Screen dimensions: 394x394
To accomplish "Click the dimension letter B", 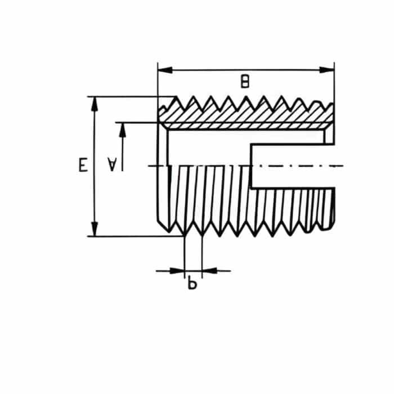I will coord(244,82).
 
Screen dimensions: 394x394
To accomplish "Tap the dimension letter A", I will coord(113,164).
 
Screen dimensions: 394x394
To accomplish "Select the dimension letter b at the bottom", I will coord(192,284).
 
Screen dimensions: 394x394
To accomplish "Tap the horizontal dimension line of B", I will coord(214,70).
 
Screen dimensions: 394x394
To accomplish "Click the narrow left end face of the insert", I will coord(162,174).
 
